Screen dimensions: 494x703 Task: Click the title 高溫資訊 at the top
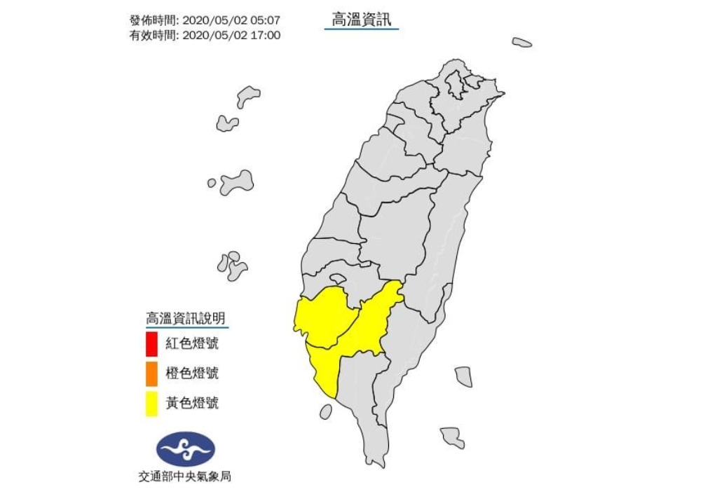(x=361, y=20)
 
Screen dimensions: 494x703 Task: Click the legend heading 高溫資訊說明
(x=186, y=318)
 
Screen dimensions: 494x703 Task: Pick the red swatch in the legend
(x=151, y=345)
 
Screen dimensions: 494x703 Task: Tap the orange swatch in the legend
(x=151, y=375)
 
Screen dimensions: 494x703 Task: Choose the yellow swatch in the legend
(x=151, y=404)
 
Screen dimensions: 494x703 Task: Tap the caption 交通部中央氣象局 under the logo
(x=185, y=476)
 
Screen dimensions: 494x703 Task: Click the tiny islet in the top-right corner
(x=521, y=42)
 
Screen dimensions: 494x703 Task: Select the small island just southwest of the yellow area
(x=326, y=411)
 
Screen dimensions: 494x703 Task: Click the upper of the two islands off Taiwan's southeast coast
(x=463, y=376)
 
